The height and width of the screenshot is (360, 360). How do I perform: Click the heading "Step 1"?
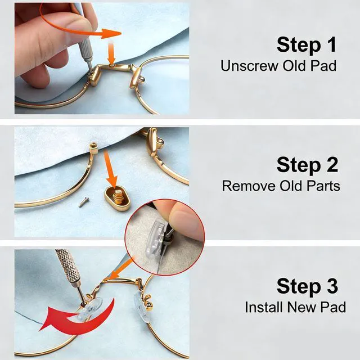(x=307, y=45)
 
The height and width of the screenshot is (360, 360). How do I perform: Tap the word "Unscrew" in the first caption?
(x=250, y=66)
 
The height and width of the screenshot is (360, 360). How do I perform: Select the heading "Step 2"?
(x=307, y=165)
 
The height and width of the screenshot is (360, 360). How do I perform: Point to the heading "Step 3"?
(x=307, y=286)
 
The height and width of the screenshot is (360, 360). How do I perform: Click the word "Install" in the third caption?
(x=264, y=307)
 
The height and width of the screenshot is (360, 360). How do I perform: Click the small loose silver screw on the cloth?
(x=84, y=202)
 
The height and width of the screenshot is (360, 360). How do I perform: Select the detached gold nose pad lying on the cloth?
(x=118, y=198)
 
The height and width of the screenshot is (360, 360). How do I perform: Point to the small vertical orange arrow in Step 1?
(x=111, y=53)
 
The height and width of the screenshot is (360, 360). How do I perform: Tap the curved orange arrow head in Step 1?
(x=111, y=34)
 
